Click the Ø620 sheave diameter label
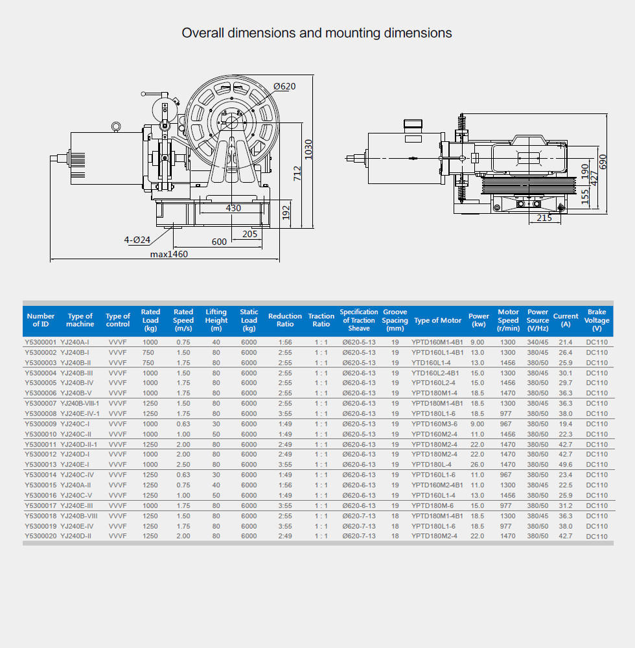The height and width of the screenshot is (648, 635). pos(284,87)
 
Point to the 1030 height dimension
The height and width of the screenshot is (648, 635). pos(309,150)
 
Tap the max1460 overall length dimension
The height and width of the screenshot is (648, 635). pos(169,254)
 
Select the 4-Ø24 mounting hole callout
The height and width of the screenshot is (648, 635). pos(137,240)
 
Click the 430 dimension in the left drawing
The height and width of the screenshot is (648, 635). pos(233,208)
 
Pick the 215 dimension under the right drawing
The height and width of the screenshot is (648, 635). pos(544,218)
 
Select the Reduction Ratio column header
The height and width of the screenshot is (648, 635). pos(285,320)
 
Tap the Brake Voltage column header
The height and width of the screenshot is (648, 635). pos(597,320)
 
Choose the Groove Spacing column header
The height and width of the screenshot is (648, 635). pos(395,320)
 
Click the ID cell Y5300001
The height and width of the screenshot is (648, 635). pos(41,342)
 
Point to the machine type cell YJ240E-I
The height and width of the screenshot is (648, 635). pos(75,465)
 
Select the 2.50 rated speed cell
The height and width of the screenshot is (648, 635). pos(183,465)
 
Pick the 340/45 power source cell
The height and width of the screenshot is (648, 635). pos(538,342)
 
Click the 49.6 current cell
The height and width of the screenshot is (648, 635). pos(566,465)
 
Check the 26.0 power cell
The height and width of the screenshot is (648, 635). pos(478,465)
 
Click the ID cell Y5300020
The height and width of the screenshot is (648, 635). pos(41,536)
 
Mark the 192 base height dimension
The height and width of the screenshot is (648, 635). pos(286,213)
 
